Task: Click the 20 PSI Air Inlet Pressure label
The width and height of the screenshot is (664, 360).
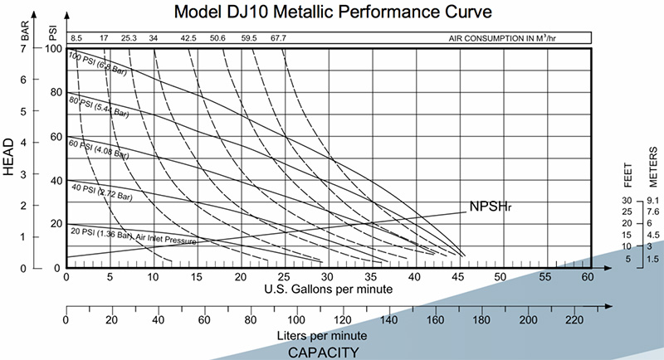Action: [133, 236]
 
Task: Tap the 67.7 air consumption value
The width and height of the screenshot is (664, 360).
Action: [278, 37]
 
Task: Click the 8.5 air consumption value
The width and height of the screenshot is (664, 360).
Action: [76, 37]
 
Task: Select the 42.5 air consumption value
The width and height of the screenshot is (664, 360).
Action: [188, 37]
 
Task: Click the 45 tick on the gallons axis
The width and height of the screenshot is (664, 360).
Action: [459, 276]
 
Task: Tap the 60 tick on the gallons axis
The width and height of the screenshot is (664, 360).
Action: [588, 276]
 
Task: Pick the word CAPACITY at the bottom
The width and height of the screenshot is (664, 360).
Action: [323, 352]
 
